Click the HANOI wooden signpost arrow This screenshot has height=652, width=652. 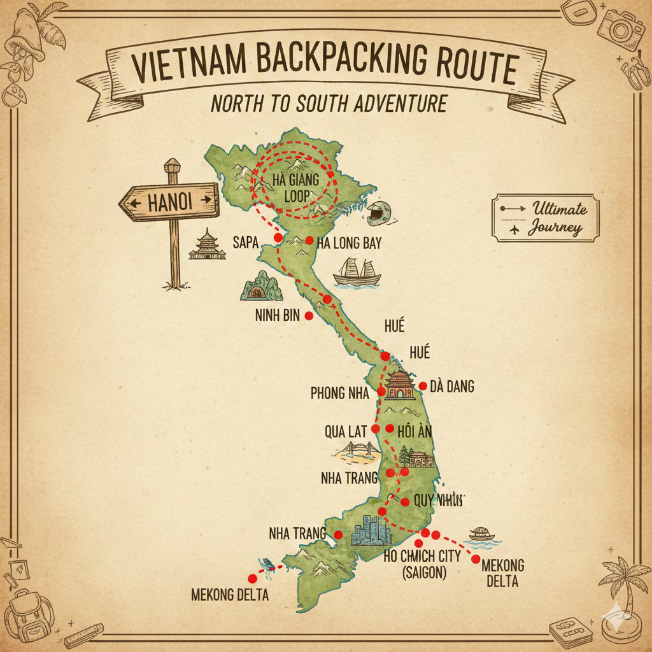click(169, 202)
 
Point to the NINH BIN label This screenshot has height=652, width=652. click(277, 316)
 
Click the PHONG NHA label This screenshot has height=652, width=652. click(339, 393)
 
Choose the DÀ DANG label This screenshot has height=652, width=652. click(452, 386)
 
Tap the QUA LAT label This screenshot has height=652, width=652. click(344, 432)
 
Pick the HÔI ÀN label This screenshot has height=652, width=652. click(414, 431)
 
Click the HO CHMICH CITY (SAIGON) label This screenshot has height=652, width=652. click(422, 563)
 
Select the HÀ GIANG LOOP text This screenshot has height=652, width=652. click(295, 188)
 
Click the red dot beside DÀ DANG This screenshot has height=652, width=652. click(422, 386)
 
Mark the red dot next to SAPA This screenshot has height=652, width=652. click(278, 237)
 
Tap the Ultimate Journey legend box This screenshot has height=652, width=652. click(545, 218)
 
